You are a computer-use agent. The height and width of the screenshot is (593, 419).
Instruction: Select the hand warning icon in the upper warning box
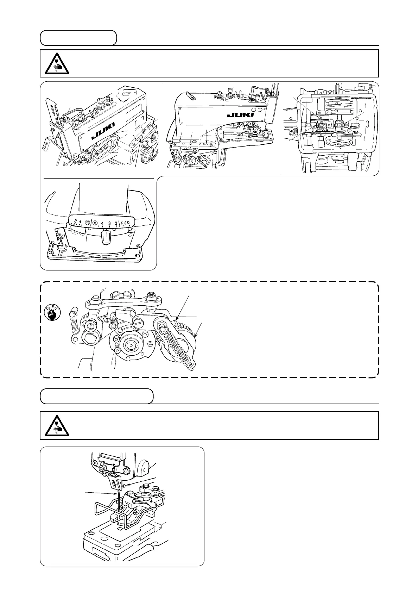point(56,63)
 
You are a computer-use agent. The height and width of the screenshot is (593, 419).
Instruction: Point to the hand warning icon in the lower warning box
point(56,425)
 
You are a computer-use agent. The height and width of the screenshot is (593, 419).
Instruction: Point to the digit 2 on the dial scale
point(116,223)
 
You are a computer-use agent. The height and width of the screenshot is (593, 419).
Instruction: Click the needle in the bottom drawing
point(118,500)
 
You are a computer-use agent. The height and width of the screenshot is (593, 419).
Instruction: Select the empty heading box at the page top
point(78,38)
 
